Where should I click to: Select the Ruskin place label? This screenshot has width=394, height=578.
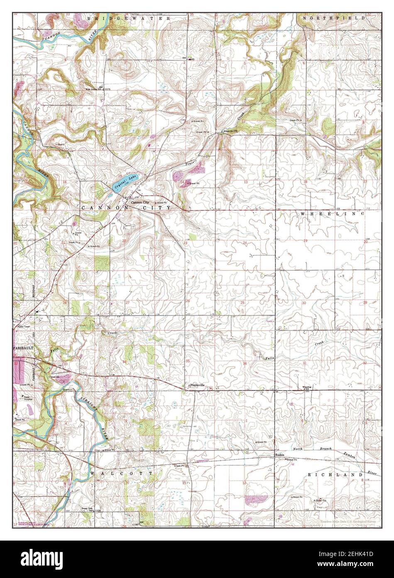coord(280,455)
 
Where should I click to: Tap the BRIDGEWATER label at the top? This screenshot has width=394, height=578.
coord(129,19)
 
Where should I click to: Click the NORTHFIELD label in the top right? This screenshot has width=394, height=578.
coord(334,19)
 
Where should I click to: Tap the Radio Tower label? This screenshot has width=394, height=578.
coord(24,327)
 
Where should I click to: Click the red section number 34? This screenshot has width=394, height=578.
coord(125,362)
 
